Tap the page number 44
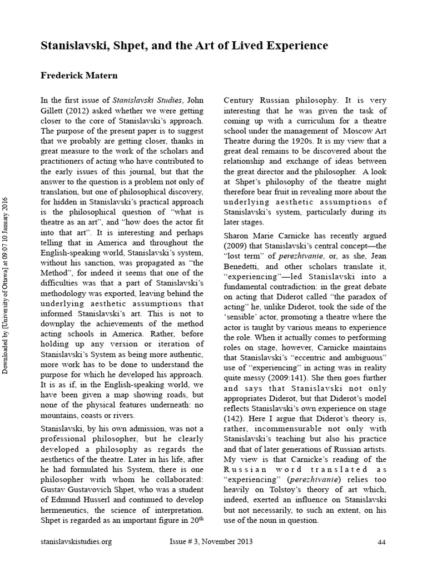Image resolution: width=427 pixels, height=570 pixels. click(381, 542)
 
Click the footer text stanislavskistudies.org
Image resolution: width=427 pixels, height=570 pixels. click(76, 542)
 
